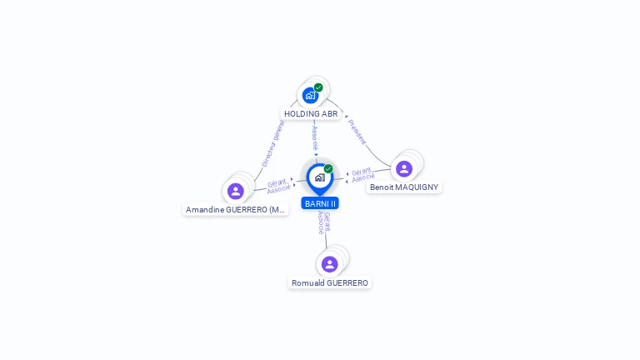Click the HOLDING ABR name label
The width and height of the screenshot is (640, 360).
311,113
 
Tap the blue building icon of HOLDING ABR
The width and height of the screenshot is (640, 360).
310,96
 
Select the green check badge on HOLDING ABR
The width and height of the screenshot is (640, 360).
318,87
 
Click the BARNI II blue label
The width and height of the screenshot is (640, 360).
320,203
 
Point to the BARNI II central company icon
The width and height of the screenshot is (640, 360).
319,177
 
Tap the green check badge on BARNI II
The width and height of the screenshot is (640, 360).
328,169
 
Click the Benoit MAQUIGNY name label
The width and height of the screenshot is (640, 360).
404,187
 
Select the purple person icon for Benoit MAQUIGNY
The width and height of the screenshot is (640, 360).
404,169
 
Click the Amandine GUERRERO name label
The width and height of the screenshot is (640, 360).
236,210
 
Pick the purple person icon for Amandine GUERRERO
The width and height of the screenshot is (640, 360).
236,192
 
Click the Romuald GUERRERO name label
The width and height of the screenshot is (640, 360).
330,282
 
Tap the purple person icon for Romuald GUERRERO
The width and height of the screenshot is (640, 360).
330,264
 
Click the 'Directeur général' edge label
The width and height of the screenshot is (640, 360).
273,143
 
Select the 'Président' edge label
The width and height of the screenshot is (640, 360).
357,132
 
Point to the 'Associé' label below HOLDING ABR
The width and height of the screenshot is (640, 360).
314,138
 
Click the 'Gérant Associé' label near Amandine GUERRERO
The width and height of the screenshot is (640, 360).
278,186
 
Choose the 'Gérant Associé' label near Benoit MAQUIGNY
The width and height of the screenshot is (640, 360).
362,174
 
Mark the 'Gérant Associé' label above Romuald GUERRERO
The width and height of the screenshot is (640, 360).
324,222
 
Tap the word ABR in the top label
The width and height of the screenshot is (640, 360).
329,113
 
